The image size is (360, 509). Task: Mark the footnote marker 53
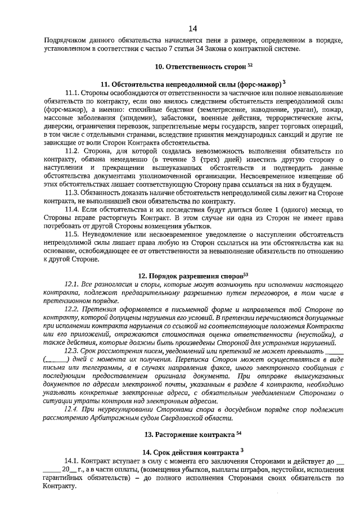pos(246,274)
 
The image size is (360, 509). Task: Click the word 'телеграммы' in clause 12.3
pos(91,367)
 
